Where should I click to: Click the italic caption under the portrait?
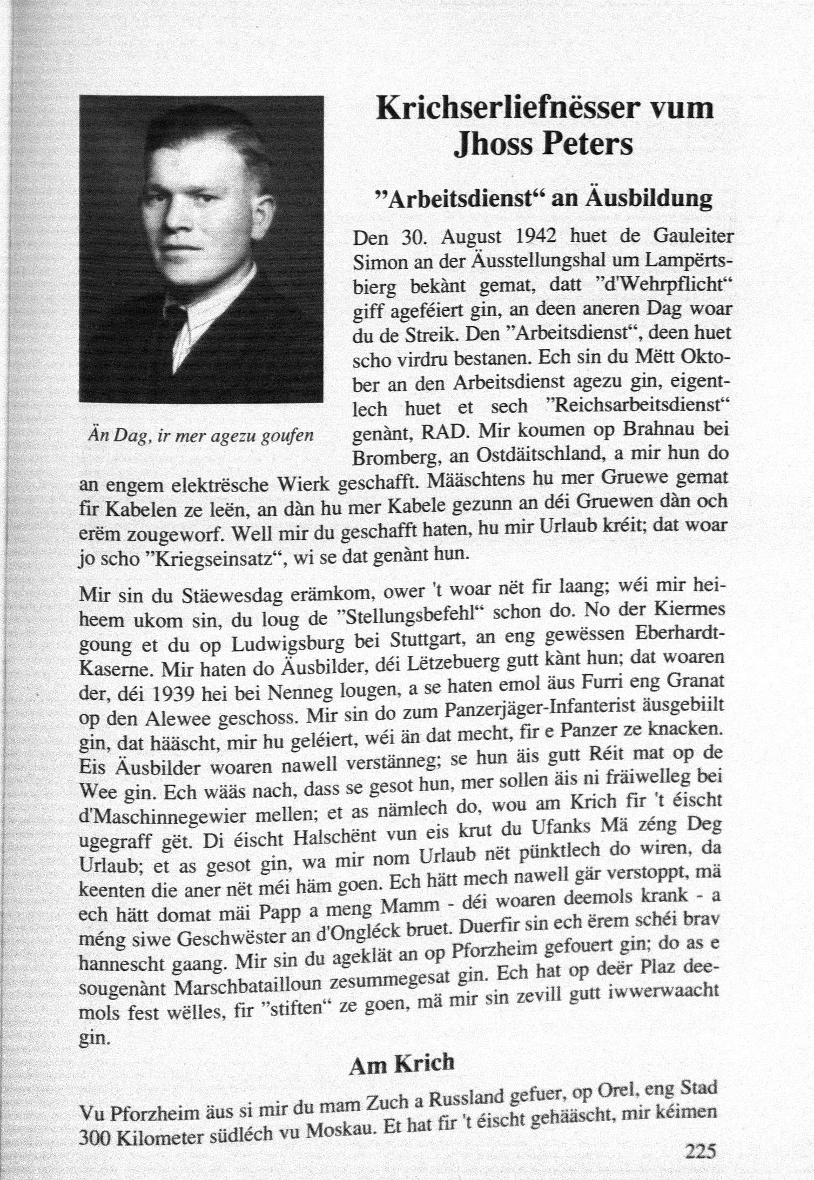click(x=200, y=435)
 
